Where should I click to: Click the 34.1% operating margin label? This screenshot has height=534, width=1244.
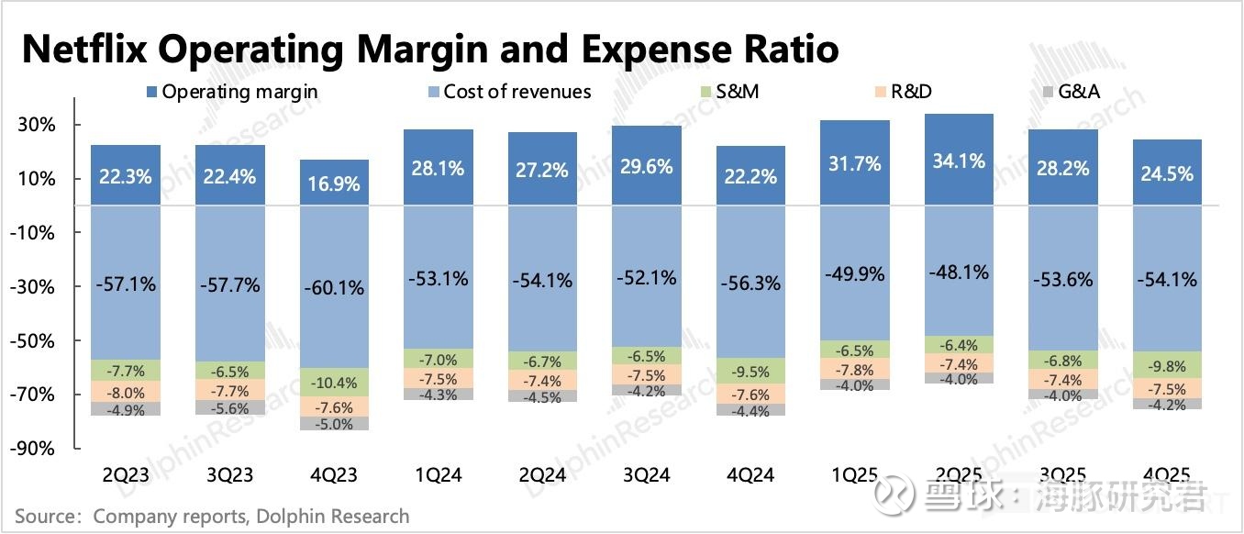pyautogui.click(x=960, y=161)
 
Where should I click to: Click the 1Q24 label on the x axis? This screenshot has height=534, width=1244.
pyautogui.click(x=438, y=474)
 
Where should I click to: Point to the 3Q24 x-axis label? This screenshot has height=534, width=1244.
pyautogui.click(x=646, y=474)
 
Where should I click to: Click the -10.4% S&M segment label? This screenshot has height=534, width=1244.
pyautogui.click(x=334, y=383)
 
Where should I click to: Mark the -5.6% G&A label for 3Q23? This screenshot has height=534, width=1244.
pyautogui.click(x=229, y=407)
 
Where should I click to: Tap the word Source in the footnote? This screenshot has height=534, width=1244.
pyautogui.click(x=44, y=517)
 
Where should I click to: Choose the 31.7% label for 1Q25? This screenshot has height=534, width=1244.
pyautogui.click(x=855, y=164)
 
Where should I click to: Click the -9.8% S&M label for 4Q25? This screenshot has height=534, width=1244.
pyautogui.click(x=1168, y=365)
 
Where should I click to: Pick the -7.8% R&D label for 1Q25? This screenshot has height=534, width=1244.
pyautogui.click(x=855, y=369)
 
